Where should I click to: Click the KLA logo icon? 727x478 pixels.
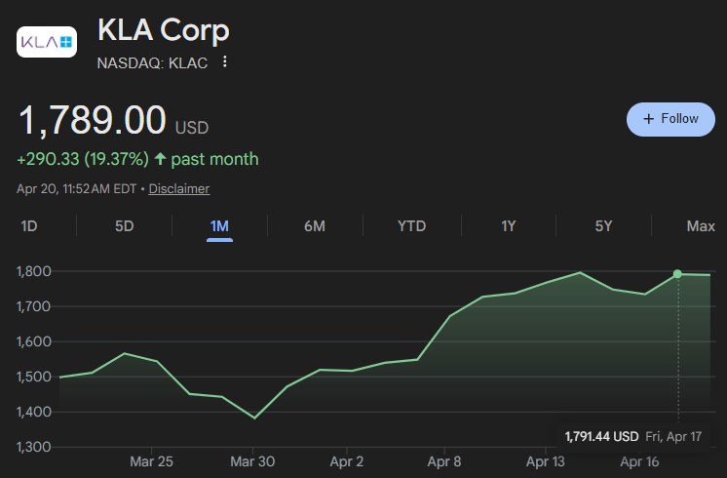[x=47, y=42]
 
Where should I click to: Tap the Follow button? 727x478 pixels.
[x=670, y=119]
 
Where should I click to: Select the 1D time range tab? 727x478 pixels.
[x=28, y=226]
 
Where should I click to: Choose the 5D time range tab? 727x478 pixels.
[x=125, y=226]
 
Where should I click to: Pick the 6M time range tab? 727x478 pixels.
[x=315, y=226]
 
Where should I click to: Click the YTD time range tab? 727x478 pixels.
[x=411, y=226]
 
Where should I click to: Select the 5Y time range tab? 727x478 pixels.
[x=603, y=226]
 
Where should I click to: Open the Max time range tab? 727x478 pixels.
[x=701, y=226]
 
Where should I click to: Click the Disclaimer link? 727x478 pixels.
[x=179, y=189]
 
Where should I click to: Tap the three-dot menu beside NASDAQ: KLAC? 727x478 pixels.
[x=225, y=61]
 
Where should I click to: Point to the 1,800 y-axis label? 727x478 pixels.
[x=34, y=271]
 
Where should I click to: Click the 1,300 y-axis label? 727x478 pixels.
[x=34, y=447]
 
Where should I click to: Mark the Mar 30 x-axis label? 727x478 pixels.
[x=252, y=461]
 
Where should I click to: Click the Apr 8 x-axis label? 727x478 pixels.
[x=444, y=461]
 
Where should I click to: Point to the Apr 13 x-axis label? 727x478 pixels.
[x=546, y=461]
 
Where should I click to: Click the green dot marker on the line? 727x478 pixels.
[x=677, y=274]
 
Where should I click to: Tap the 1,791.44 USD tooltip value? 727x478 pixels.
[x=601, y=437]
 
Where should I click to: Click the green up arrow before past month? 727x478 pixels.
[x=160, y=159]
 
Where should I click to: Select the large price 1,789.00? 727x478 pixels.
[x=92, y=120]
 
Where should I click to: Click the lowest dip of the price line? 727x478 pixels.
[x=254, y=418]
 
